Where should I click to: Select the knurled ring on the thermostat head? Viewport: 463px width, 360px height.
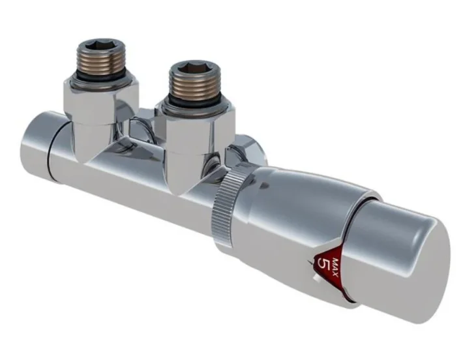(226, 202)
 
